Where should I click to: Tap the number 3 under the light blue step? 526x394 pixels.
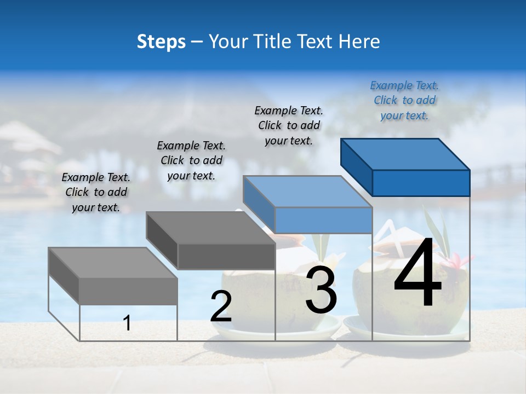[321, 290]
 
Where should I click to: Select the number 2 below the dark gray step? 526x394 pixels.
[221, 306]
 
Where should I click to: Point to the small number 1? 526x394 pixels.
[127, 323]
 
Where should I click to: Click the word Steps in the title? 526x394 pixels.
[161, 42]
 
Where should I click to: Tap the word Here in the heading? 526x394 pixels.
[359, 42]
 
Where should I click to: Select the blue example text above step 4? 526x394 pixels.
[404, 101]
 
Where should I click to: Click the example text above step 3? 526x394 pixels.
[289, 125]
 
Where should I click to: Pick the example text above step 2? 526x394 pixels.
[191, 160]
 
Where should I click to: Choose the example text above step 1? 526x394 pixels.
[96, 192]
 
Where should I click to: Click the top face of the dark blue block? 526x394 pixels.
[405, 154]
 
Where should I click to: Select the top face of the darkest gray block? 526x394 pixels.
[211, 228]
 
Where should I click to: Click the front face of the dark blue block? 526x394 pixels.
[421, 183]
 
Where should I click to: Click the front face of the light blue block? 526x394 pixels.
[323, 221]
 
